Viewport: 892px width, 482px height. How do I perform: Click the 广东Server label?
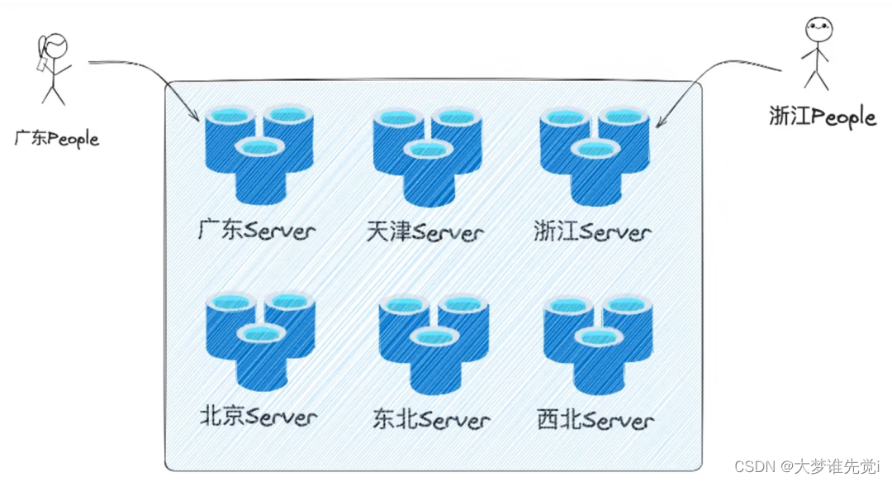click(x=257, y=229)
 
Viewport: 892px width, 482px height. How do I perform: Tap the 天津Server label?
click(x=425, y=231)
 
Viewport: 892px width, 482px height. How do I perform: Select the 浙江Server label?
click(x=592, y=231)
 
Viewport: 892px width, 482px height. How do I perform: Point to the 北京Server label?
click(x=258, y=416)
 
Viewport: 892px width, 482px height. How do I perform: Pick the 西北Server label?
click(x=595, y=419)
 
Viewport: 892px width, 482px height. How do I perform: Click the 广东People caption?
click(x=56, y=138)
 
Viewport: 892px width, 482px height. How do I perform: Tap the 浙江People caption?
click(x=821, y=117)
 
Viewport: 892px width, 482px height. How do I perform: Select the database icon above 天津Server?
click(x=427, y=156)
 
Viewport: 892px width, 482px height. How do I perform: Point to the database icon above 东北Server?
click(x=433, y=344)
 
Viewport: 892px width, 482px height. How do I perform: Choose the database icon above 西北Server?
click(x=598, y=344)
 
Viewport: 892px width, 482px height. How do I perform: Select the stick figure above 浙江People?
click(x=816, y=53)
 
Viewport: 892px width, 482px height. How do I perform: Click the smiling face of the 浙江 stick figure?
click(x=816, y=29)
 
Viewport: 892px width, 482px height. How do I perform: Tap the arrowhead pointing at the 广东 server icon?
click(x=194, y=117)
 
